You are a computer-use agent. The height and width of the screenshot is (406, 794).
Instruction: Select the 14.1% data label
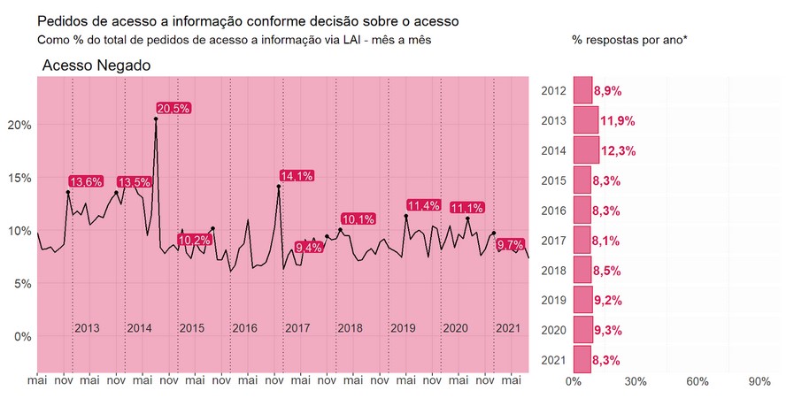297,175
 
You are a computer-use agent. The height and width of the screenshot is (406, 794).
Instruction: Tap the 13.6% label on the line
85,181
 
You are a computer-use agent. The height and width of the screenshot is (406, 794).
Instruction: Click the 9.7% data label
511,243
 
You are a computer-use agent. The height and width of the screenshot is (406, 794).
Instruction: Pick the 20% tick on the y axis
19,125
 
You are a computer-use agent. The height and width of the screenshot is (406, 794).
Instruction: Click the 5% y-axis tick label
22,283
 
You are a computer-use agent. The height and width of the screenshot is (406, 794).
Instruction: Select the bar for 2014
586,149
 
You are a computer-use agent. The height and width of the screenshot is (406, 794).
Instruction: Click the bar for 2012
582,90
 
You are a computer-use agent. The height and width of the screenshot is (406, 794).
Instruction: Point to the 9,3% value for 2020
607,330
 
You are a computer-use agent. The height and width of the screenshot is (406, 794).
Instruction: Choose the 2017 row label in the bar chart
553,240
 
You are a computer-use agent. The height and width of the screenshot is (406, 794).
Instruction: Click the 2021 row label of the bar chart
553,359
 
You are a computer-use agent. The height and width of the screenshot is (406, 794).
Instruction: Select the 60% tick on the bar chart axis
698,381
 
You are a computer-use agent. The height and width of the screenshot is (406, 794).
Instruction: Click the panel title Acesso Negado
96,66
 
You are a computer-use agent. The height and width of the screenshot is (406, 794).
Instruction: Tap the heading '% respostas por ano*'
629,41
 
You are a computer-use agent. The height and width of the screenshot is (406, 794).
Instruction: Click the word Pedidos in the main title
63,19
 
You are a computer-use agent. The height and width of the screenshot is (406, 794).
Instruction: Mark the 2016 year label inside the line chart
244,328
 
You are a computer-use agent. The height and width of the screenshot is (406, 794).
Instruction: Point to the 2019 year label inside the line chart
403,328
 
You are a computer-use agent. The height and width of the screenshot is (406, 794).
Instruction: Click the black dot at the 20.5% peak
156,119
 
